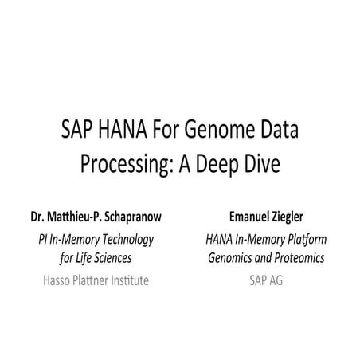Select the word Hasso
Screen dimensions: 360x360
click(x=49, y=280)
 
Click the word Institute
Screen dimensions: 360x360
click(x=126, y=280)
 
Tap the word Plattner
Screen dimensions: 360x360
click(x=86, y=280)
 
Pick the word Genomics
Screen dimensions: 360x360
click(x=233, y=258)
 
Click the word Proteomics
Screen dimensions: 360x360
click(x=299, y=258)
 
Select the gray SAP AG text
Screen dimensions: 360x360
click(x=268, y=280)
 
